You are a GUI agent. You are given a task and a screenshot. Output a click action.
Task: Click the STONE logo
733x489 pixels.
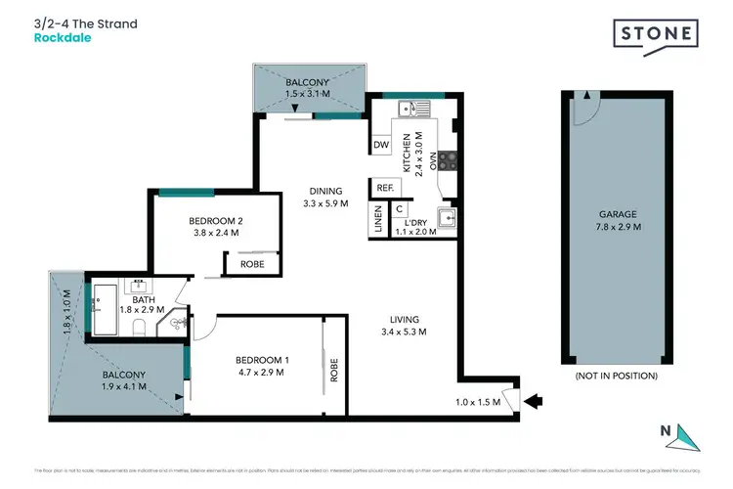655,34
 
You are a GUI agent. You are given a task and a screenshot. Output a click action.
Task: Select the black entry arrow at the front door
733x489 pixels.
535,399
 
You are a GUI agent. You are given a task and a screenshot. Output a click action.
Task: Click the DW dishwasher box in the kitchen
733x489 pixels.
381,146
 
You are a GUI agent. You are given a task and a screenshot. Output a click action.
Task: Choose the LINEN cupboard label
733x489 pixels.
376,220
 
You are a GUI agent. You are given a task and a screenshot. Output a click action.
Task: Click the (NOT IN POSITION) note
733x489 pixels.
617,376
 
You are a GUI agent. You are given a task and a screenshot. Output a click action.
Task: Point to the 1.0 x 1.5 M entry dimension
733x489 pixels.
478,402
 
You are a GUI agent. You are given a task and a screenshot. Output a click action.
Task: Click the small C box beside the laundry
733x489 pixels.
400,209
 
